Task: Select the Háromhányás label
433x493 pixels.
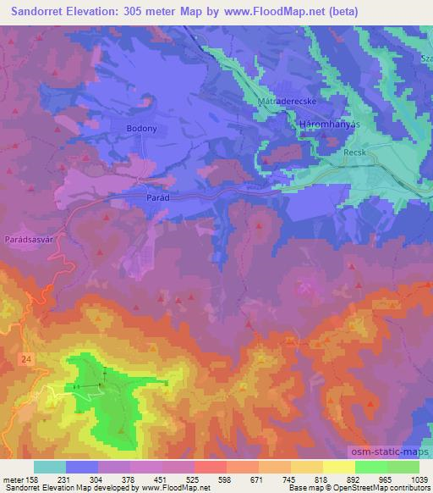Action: coord(330,125)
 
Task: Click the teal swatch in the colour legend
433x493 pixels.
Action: coord(50,467)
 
